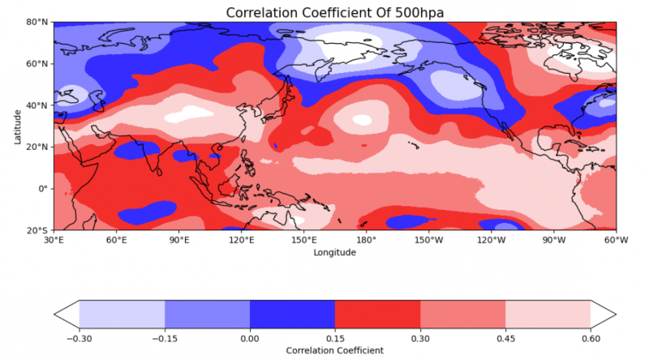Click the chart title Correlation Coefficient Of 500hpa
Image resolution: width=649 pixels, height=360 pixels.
tap(335, 12)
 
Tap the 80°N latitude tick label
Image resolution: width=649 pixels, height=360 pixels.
tap(37, 22)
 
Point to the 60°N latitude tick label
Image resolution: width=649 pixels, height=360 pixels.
tap(37, 63)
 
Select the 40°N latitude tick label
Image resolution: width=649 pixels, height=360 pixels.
tap(37, 105)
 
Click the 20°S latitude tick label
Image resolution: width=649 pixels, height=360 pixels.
tap(38, 230)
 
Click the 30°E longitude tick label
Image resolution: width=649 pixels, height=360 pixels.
tap(54, 240)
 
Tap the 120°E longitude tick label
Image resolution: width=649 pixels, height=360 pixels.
tap(241, 240)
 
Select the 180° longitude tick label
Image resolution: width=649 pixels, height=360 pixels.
tap(366, 240)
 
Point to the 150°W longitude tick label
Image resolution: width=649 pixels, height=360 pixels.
tap(428, 240)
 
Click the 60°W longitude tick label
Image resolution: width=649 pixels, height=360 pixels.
tap(616, 240)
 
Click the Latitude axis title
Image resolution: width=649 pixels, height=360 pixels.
tap(18, 126)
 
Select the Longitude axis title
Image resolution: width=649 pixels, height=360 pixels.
tap(335, 252)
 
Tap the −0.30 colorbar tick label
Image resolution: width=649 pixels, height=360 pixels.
tap(79, 338)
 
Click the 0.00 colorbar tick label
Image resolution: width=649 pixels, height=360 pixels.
tap(250, 338)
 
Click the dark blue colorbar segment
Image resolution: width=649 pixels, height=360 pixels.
tap(292, 313)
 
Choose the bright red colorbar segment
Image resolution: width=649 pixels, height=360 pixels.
tap(377, 313)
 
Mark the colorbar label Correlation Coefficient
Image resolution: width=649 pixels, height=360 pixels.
tap(335, 350)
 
